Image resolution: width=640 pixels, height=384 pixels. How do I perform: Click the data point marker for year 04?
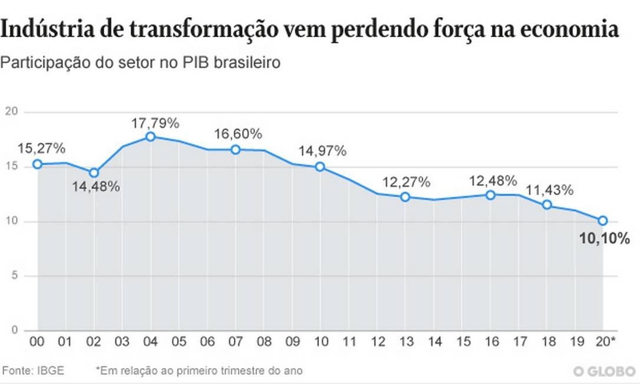tap(150, 137)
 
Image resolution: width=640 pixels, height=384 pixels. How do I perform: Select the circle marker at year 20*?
tap(603, 220)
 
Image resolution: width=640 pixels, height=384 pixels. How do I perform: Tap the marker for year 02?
tap(94, 173)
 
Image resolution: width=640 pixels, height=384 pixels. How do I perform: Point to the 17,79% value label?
tap(156, 124)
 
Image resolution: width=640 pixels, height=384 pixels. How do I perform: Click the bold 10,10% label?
tap(605, 239)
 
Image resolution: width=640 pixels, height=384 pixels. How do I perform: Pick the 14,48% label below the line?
tap(97, 187)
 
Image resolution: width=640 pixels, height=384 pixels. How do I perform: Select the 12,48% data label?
tap(493, 181)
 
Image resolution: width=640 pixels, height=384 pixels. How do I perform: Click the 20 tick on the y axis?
tap(11, 112)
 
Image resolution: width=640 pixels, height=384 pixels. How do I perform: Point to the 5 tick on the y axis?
tap(14, 276)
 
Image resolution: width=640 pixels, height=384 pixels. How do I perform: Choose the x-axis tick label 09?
tap(292, 342)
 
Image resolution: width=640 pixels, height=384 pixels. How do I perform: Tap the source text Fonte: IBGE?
tap(34, 370)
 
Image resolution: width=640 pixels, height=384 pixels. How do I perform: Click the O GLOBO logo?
tap(603, 371)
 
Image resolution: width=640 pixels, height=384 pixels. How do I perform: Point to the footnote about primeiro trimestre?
tap(199, 370)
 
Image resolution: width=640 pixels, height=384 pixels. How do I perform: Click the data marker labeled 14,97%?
tap(320, 167)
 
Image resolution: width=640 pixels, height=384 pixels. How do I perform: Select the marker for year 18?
tap(546, 204)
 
